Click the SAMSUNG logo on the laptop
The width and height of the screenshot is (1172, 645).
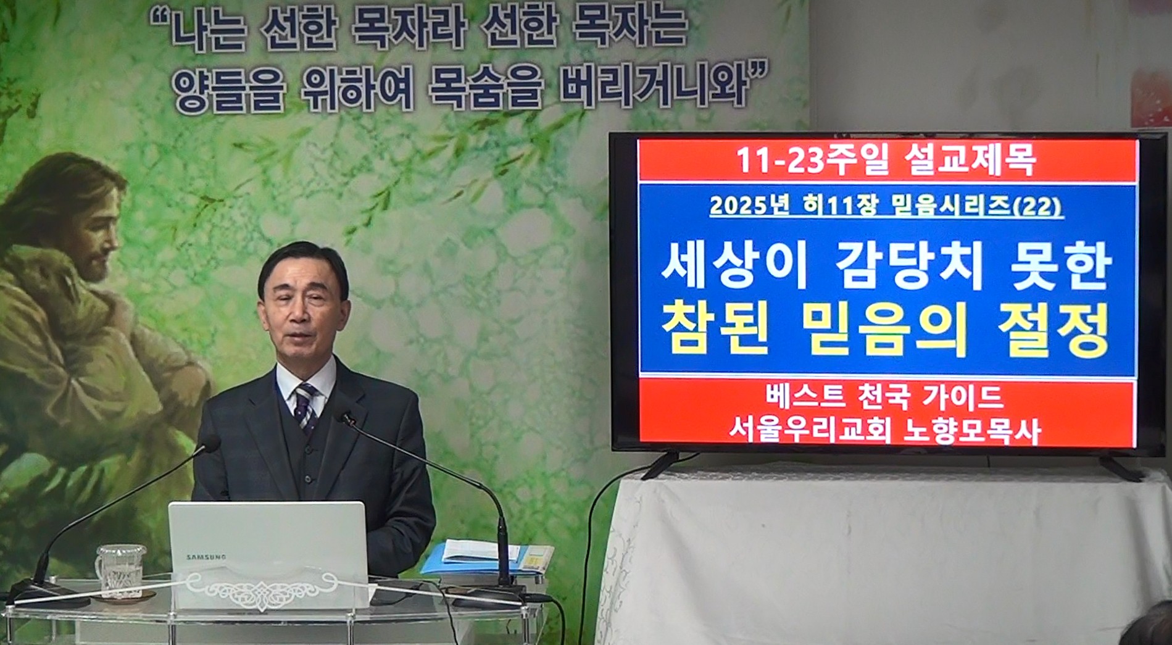[206, 557]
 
